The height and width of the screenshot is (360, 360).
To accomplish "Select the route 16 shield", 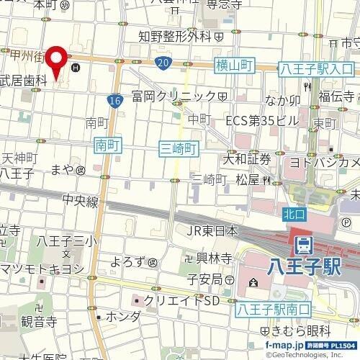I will [116, 102].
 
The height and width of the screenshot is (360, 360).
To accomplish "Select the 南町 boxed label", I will [107, 146].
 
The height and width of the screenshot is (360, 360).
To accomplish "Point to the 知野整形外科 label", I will [179, 34].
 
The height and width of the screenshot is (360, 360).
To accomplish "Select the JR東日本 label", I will [212, 231].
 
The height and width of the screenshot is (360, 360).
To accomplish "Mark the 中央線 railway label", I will [79, 202].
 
